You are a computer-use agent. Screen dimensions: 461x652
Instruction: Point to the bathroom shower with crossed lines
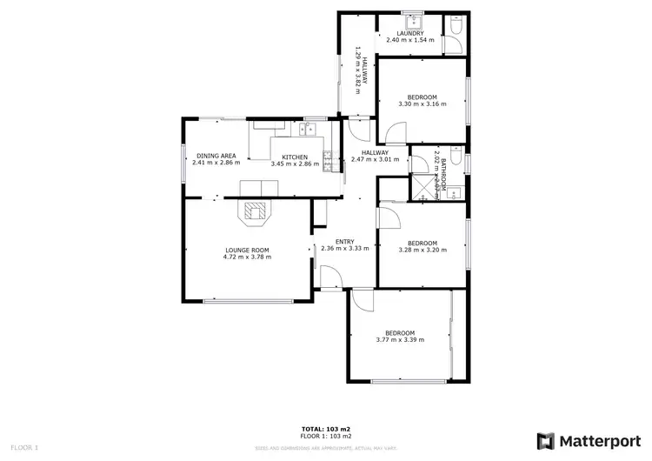tap(424, 185)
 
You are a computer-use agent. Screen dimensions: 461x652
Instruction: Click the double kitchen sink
tap(308, 130)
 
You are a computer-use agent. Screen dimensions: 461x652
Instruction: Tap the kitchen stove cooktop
tap(328, 159)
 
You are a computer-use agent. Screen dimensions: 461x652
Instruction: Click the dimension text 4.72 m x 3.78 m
tap(247, 257)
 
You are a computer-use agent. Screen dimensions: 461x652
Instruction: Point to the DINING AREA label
tap(215, 156)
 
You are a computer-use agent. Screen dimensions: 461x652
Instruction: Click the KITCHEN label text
tap(295, 156)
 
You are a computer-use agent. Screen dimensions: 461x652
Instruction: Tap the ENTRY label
tap(344, 241)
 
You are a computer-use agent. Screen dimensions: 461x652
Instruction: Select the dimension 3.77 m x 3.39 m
tap(400, 339)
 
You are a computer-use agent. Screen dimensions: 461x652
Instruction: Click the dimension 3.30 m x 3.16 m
tap(422, 104)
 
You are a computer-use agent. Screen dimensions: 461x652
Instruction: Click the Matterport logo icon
tap(546, 440)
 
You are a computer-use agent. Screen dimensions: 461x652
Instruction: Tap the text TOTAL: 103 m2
tap(326, 429)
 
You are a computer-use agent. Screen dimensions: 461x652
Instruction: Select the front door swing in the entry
tap(330, 278)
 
